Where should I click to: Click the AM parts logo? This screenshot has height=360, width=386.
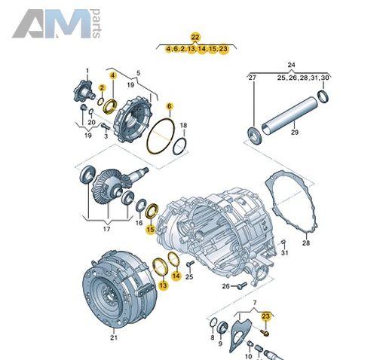click(57, 23)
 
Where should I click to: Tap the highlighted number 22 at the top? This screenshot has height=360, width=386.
click(195, 37)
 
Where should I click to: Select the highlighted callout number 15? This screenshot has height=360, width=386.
click(151, 229)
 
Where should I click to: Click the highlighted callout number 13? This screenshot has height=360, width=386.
click(163, 285)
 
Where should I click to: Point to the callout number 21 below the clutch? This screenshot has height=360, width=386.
click(114, 337)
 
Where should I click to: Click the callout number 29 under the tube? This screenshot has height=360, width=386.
click(295, 132)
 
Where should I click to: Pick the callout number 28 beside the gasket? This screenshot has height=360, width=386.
click(306, 243)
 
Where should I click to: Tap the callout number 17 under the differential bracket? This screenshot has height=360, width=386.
click(106, 229)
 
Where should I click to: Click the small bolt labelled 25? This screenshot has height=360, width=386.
click(190, 264)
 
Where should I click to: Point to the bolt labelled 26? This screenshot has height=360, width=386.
click(243, 285)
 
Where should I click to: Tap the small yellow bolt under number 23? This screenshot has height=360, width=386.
click(265, 333)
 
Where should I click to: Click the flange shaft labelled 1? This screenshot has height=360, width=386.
click(84, 92)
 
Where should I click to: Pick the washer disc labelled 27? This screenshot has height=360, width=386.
click(255, 136)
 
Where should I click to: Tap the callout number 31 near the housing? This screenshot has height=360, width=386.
click(284, 252)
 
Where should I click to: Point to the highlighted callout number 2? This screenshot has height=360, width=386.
click(102, 87)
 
